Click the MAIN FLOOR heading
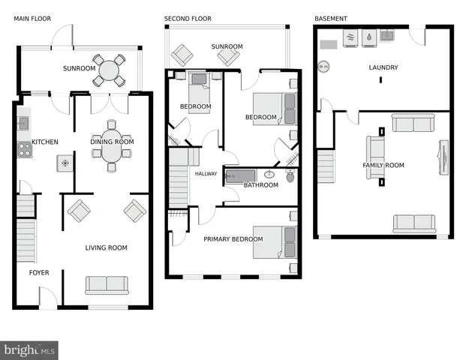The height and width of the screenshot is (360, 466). pyautogui.click(x=32, y=18)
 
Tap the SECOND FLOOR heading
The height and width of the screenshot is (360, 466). pyautogui.click(x=188, y=18)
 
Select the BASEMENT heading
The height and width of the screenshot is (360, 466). pyautogui.click(x=331, y=18)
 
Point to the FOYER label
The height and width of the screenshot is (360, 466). pyautogui.click(x=39, y=272)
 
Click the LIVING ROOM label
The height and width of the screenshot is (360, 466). pyautogui.click(x=106, y=247)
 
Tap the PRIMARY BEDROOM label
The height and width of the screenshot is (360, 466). pyautogui.click(x=233, y=239)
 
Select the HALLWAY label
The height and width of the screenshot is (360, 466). pyautogui.click(x=206, y=174)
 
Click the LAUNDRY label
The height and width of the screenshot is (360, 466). pyautogui.click(x=383, y=67)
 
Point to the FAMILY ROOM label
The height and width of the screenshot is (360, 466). pyautogui.click(x=383, y=165)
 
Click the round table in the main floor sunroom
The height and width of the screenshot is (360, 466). pyautogui.click(x=110, y=70)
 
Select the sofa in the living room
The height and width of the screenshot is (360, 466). pyautogui.click(x=106, y=285)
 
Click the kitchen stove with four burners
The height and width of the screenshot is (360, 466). pyautogui.click(x=24, y=150)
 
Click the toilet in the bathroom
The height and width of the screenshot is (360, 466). pyautogui.click(x=290, y=178)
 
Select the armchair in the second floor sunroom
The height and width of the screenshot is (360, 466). pyautogui.click(x=182, y=54)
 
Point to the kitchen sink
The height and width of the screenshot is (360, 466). pyautogui.click(x=23, y=121)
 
